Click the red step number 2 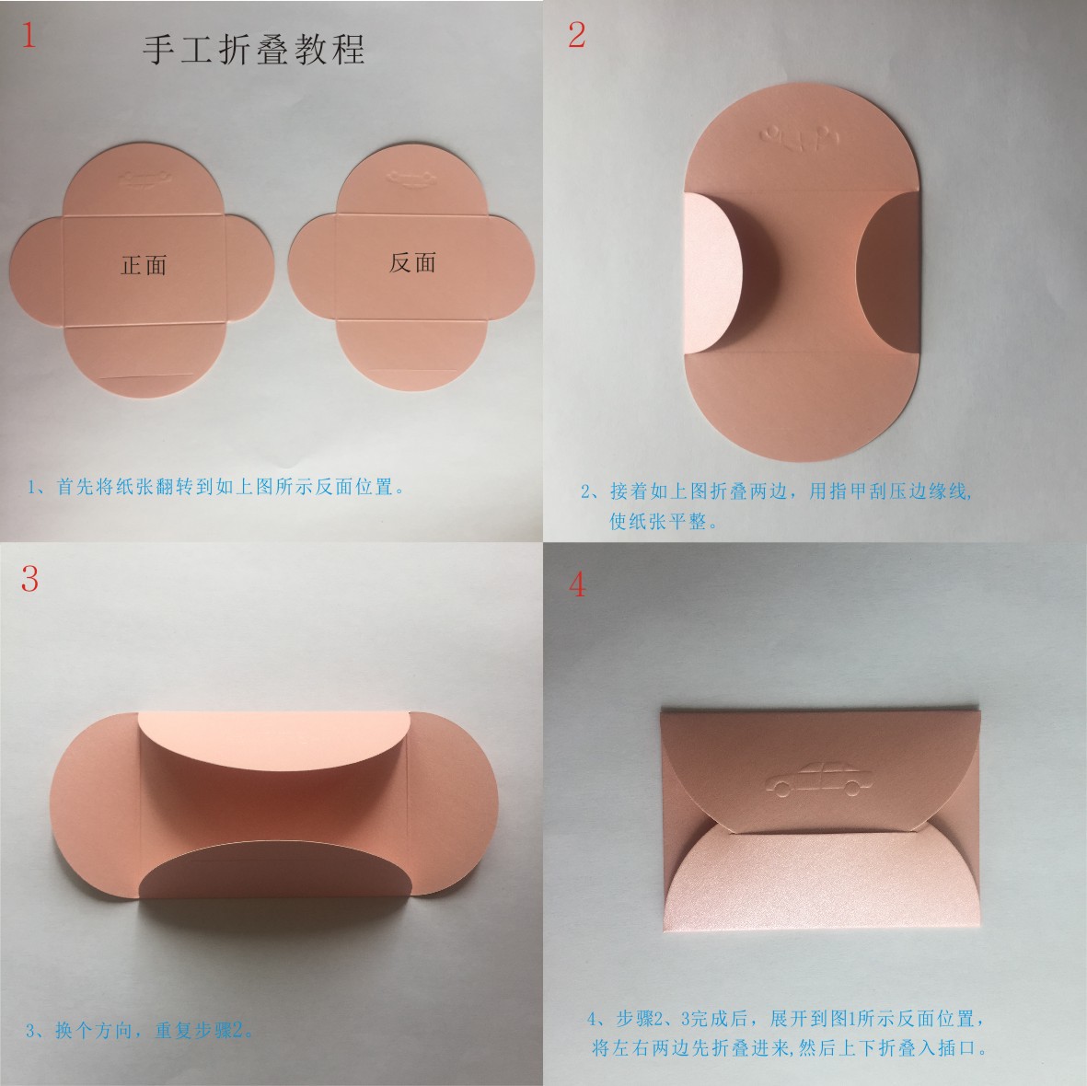577,35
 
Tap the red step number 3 29,579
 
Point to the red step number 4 577,584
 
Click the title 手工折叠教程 254,49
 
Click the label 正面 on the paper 144,265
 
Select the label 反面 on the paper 411,262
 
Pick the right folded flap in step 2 888,271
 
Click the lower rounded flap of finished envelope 819,884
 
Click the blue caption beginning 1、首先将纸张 217,486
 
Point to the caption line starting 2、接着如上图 776,491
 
